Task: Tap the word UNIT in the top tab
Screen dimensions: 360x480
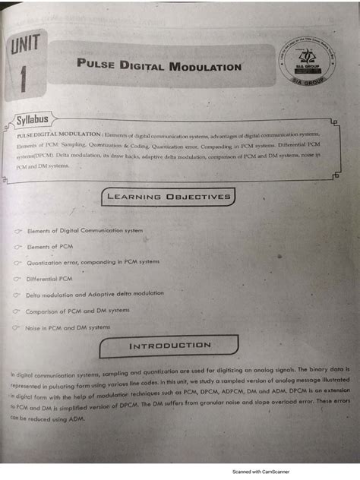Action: (25, 48)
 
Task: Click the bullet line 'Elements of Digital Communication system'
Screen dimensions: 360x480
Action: (85, 229)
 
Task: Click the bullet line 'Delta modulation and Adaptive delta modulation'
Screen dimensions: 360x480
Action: (94, 294)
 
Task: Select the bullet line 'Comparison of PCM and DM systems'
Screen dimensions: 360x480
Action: (77, 311)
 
